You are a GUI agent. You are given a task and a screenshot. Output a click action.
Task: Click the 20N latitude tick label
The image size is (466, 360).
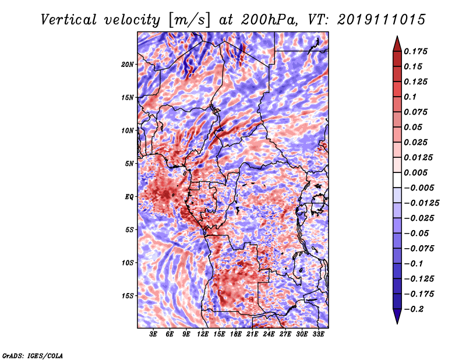[x=128, y=64]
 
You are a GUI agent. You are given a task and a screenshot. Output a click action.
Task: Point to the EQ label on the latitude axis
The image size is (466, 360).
[x=129, y=197]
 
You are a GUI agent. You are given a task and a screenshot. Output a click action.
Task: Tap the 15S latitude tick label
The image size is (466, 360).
[x=128, y=296]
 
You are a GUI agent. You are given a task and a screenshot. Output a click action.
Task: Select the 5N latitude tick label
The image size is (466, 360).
[x=129, y=164]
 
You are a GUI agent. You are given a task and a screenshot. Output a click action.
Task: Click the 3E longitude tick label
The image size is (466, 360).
[x=153, y=334]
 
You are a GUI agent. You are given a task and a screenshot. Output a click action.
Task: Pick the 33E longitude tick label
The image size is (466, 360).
[x=318, y=334]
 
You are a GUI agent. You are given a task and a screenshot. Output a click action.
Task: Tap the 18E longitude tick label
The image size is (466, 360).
[x=236, y=334]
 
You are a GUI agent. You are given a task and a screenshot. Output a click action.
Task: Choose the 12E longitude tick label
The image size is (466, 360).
[x=203, y=334]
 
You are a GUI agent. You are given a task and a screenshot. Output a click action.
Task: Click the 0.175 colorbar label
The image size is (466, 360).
[x=415, y=51]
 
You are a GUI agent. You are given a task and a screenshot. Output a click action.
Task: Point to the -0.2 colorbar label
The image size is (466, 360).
[x=414, y=309]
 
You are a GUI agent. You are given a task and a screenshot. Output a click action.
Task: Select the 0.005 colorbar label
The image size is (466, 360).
[x=415, y=172]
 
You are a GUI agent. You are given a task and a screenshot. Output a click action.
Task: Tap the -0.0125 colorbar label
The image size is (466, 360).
[x=421, y=203]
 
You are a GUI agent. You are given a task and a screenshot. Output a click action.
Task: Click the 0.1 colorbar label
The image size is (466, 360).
[x=410, y=97]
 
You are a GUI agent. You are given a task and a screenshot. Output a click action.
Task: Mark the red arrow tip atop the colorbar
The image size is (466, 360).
[x=397, y=36]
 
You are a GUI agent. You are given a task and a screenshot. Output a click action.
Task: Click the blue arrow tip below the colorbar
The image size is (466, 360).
[x=397, y=323]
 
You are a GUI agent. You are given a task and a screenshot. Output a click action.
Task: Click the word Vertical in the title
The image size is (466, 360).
[x=69, y=20]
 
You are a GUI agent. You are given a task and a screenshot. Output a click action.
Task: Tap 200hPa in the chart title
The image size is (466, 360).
[x=269, y=20]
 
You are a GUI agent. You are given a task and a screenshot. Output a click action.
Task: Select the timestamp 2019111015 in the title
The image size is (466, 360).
[x=382, y=20]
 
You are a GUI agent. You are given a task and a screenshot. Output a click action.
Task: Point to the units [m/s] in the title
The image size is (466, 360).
[x=189, y=20]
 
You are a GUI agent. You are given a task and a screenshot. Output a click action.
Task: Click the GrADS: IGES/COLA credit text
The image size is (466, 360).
[x=33, y=355]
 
